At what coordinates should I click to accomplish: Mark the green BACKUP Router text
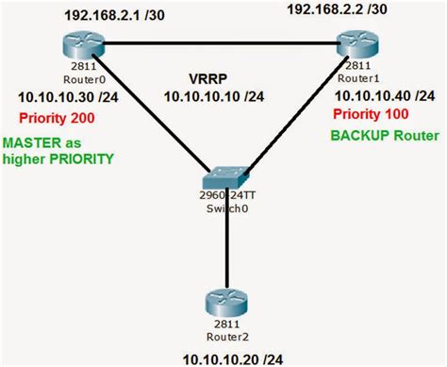[x=384, y=136]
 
